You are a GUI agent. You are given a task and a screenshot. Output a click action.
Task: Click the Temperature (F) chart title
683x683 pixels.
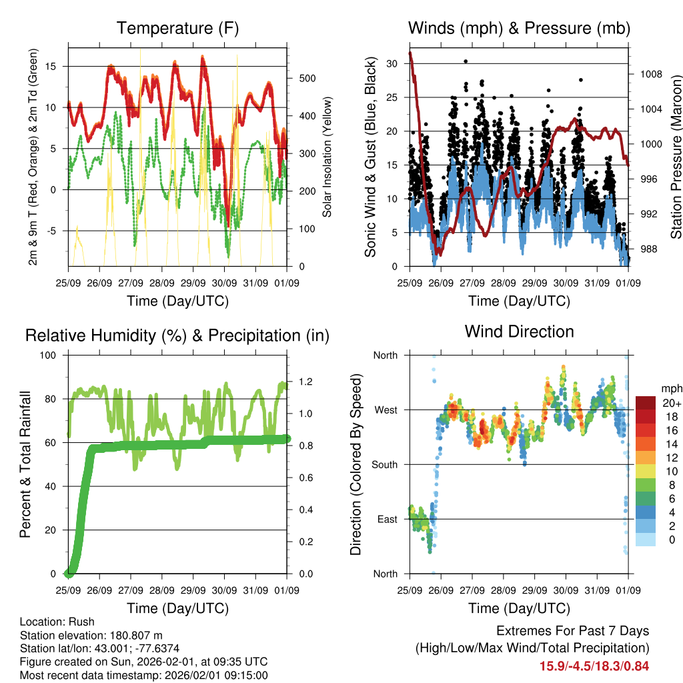(x=177, y=28)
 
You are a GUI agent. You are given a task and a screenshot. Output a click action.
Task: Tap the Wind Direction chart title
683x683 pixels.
(x=519, y=331)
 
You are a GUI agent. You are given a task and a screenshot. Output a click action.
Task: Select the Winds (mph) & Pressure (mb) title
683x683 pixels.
(x=519, y=28)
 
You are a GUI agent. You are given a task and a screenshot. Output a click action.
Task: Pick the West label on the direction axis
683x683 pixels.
(x=385, y=410)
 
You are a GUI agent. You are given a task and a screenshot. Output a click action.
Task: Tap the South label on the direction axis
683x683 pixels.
(x=384, y=465)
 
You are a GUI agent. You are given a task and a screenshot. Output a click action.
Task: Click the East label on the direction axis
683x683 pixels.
(x=386, y=520)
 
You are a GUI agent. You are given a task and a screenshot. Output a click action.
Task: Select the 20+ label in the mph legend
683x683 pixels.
(x=670, y=404)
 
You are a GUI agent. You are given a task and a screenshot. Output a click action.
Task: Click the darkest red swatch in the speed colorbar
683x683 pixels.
(x=646, y=403)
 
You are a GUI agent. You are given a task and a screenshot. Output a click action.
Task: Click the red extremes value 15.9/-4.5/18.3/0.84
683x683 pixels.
(x=594, y=666)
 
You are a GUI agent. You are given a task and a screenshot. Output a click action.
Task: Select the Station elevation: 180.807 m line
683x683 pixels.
(x=91, y=635)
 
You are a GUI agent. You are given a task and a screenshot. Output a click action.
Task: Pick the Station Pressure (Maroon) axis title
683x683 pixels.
(x=675, y=157)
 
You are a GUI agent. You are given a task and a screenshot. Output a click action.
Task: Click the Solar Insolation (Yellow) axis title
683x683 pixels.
(x=327, y=157)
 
